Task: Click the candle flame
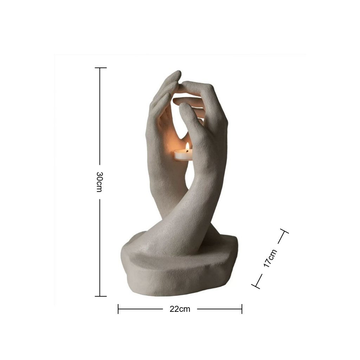[187, 147]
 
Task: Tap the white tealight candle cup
[183, 155]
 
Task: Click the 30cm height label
[99, 182]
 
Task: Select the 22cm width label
[180, 309]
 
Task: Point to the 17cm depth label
[270, 258]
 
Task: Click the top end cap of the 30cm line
[101, 68]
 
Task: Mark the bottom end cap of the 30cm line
[101, 296]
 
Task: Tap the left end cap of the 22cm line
[118, 309]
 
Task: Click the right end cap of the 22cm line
[242, 309]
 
